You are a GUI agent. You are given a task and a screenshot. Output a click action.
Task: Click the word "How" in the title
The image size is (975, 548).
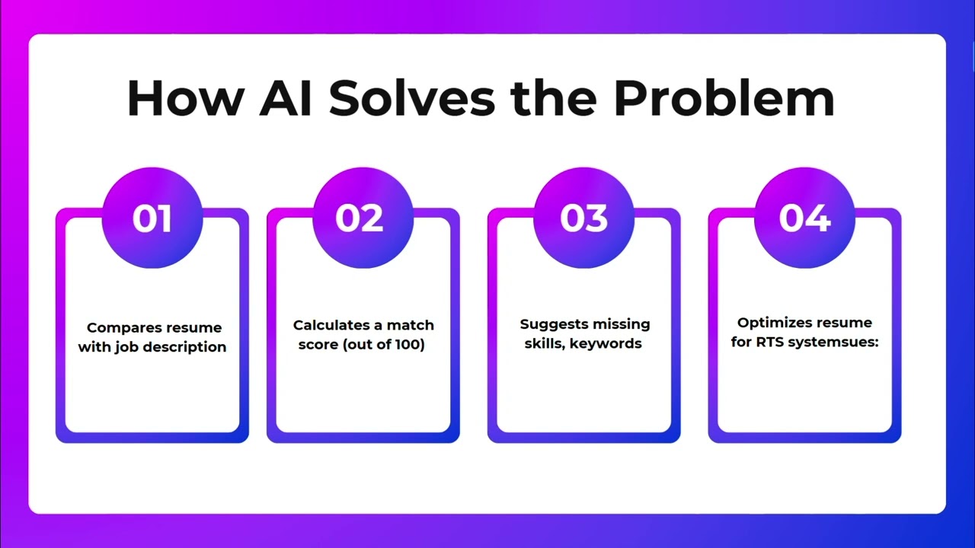(186, 97)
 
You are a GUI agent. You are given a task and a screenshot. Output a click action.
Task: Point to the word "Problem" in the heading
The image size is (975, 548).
(724, 97)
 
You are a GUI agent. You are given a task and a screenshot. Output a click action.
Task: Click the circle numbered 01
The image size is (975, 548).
(152, 218)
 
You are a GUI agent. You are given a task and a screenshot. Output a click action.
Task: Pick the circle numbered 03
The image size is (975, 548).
(583, 218)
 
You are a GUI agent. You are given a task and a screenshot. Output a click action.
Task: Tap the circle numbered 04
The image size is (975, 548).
(804, 218)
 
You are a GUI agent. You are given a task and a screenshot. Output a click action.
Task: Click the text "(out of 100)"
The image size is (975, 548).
(384, 345)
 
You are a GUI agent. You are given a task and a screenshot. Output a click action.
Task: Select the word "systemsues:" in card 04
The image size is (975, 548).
(834, 342)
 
